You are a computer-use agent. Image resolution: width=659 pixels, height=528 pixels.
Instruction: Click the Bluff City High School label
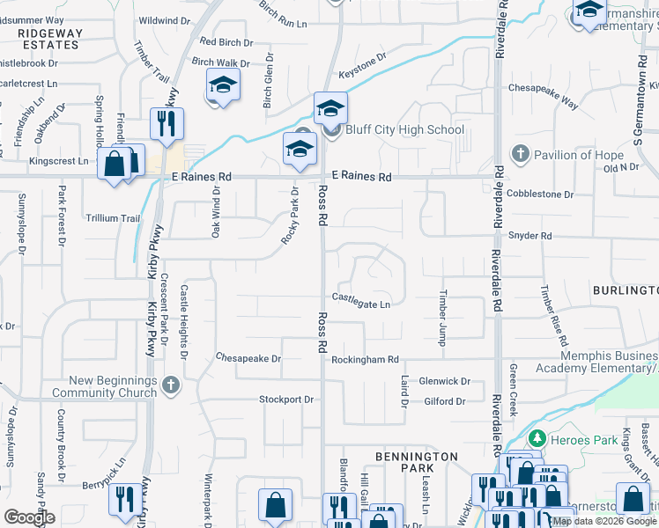[x=404, y=130]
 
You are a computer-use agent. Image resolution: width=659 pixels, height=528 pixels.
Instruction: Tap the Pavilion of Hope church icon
[x=520, y=155]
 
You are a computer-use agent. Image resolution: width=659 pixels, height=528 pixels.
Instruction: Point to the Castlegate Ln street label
[x=360, y=304]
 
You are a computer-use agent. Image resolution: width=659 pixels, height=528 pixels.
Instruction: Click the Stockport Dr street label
[x=286, y=400]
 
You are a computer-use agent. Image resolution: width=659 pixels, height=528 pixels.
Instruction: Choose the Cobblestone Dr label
[x=540, y=194]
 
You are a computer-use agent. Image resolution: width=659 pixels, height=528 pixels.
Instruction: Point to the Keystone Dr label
[x=363, y=69]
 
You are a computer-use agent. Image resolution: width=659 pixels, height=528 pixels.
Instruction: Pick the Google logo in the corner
[x=29, y=517]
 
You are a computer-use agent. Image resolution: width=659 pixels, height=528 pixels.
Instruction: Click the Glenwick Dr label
[x=445, y=381]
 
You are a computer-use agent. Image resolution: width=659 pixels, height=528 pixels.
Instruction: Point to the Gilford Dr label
[x=444, y=401]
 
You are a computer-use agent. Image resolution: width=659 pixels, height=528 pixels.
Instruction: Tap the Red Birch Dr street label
[x=226, y=41]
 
